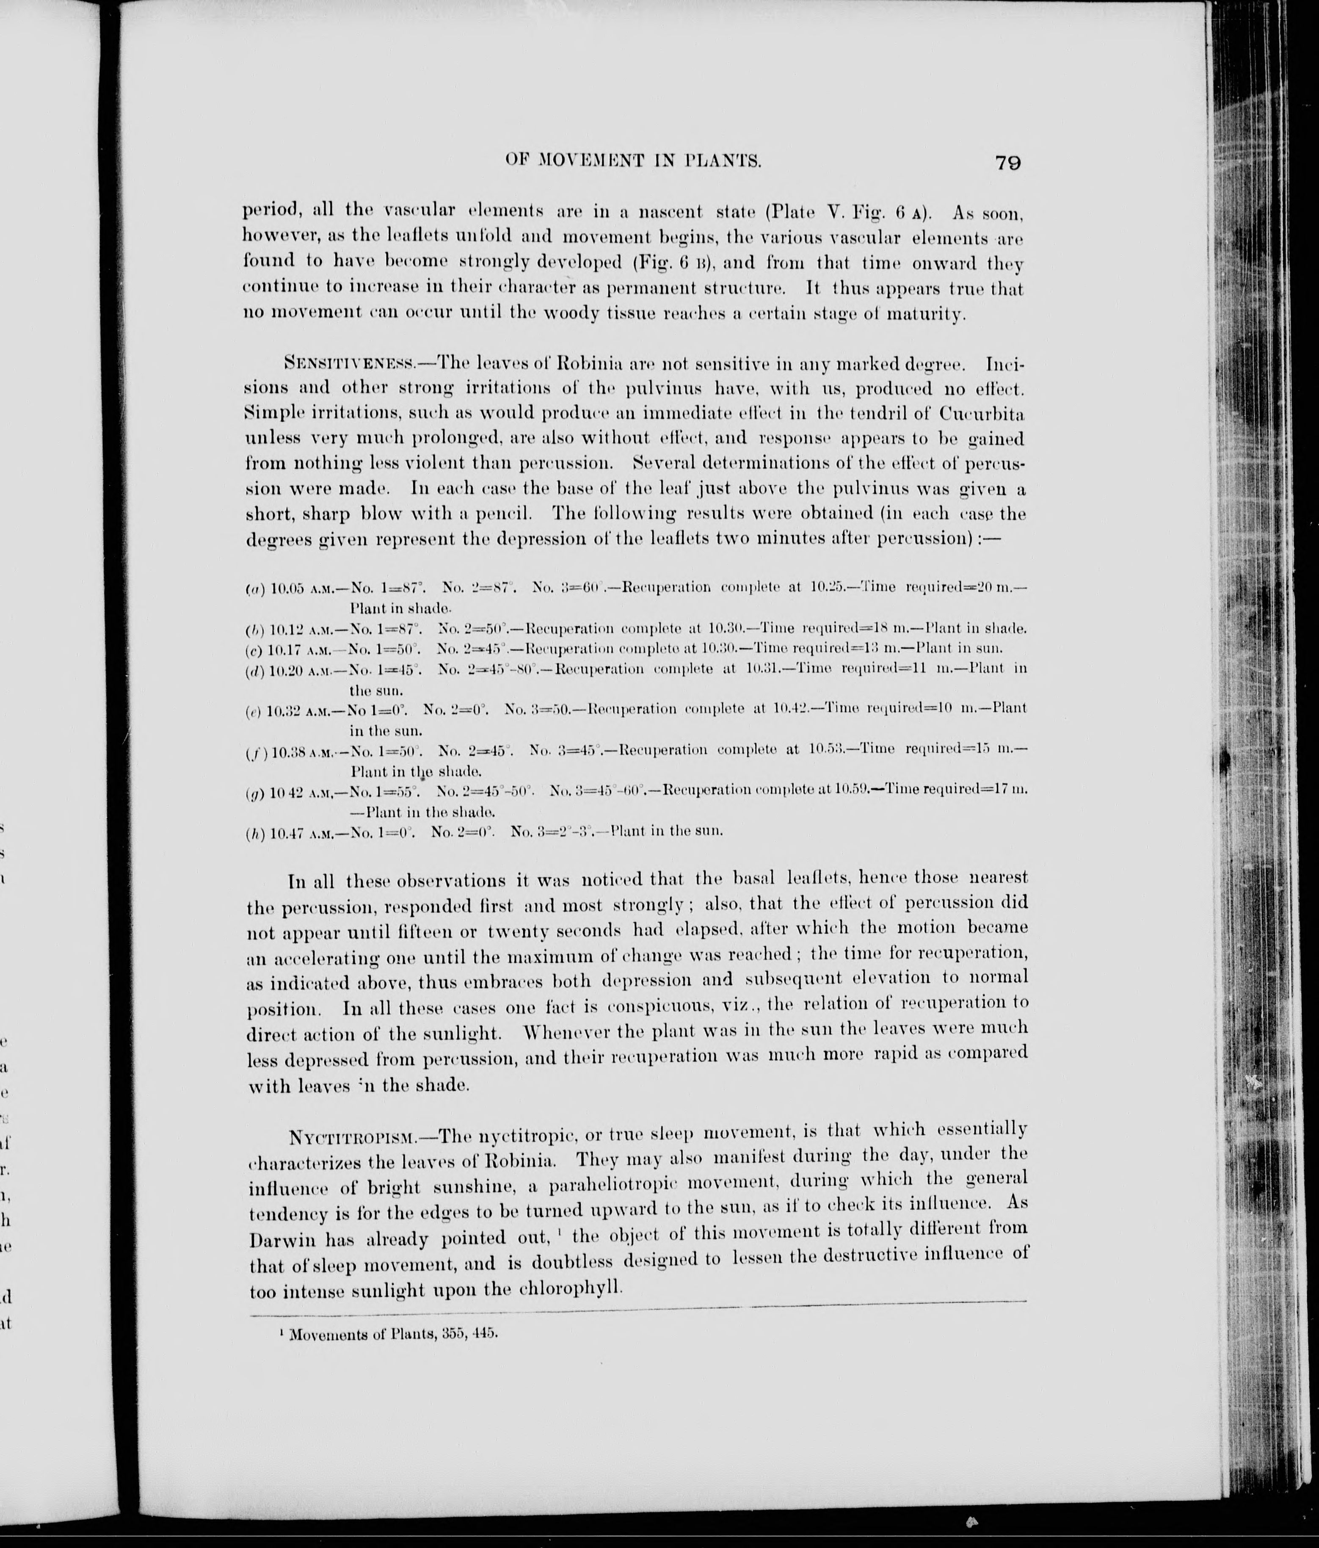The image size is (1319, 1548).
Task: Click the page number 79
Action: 1007,163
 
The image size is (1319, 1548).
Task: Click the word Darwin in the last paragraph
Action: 284,1239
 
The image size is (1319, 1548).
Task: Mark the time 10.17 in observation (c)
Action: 284,649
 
